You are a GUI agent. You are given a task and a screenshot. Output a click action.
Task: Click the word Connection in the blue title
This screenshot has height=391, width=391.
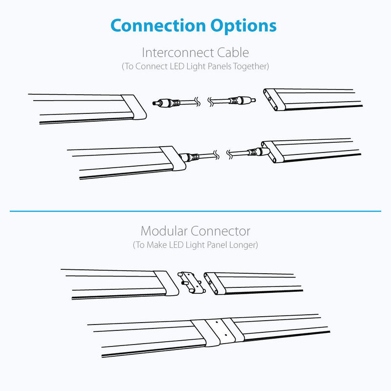(158, 25)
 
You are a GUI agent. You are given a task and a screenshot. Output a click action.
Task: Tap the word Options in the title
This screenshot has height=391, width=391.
(243, 26)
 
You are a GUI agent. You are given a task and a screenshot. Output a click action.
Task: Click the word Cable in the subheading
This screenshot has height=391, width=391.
(233, 53)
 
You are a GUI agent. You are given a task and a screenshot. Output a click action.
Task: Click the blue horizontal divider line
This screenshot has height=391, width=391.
(195, 211)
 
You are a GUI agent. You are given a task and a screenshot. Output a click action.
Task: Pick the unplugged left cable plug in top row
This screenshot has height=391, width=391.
(166, 103)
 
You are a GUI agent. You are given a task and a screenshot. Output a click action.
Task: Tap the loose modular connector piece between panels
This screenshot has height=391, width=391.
(192, 282)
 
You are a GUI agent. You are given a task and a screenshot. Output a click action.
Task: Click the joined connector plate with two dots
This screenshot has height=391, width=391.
(221, 330)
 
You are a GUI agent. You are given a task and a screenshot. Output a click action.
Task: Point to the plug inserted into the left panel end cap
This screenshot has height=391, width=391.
(189, 157)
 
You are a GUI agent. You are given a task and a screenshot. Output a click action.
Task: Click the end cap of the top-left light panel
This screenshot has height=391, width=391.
(133, 107)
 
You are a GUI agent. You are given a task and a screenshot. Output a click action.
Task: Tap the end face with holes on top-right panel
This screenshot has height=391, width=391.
(274, 100)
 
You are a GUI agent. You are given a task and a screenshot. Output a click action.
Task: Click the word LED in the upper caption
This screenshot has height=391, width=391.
(177, 66)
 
